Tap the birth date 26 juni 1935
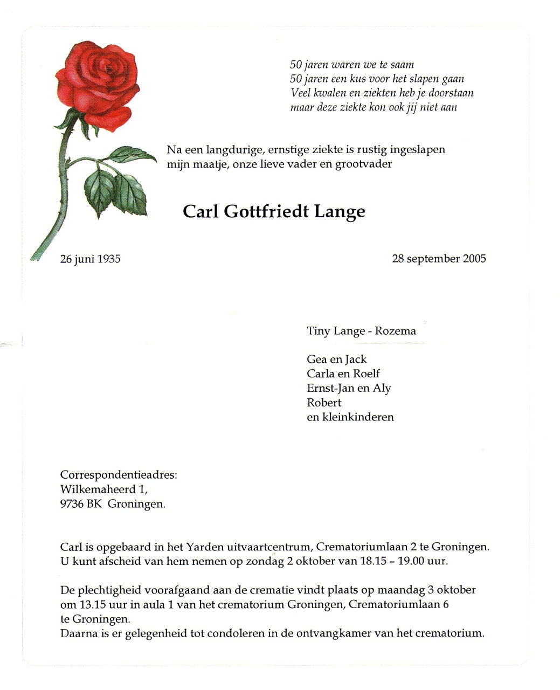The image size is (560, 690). [90, 259]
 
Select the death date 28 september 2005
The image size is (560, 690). [439, 259]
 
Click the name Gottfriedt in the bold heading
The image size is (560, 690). [266, 211]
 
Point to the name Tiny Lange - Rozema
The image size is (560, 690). [361, 331]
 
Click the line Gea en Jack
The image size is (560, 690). [336, 360]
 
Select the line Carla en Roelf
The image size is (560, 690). [343, 374]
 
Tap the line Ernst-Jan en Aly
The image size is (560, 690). [349, 388]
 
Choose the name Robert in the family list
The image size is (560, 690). [324, 403]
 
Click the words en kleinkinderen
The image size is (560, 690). [350, 417]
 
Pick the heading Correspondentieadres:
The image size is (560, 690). [119, 475]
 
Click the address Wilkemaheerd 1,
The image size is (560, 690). [103, 489]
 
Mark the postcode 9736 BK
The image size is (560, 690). [80, 505]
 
